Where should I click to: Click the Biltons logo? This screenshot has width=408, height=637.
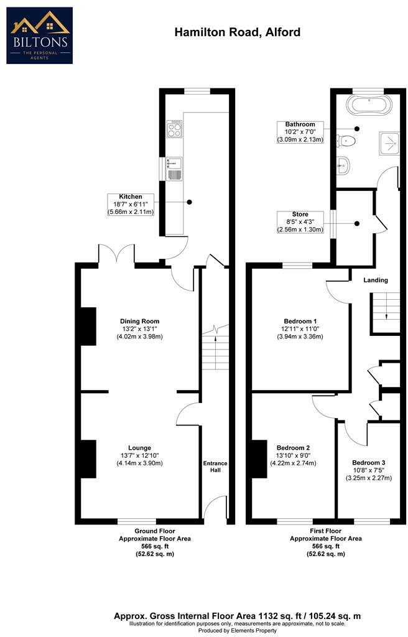(x=39, y=35)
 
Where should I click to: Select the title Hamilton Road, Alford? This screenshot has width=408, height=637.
(x=237, y=32)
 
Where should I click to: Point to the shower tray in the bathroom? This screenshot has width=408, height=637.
(x=390, y=143)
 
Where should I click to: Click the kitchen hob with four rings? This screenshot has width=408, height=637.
(x=174, y=129)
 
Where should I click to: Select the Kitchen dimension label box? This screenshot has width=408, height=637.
(x=131, y=204)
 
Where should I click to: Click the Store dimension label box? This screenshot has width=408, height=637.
(x=300, y=222)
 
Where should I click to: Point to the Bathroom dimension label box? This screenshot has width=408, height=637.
(x=300, y=132)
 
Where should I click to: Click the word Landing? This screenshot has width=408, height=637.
(x=376, y=281)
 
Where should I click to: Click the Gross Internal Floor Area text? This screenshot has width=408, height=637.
(x=237, y=616)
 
